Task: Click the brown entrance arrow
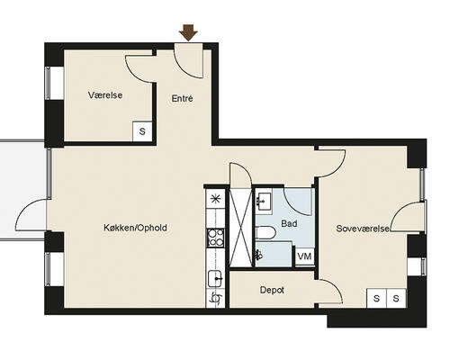point(188,32)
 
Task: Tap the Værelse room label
point(105,95)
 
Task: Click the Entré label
point(182,98)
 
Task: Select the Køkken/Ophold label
point(135,228)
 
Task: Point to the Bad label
point(289,223)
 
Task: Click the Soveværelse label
point(363,229)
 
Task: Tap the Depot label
point(272,290)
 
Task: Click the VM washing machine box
point(305,256)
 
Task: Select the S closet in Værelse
point(142,131)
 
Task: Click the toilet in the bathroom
point(265,233)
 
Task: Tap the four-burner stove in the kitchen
point(215,238)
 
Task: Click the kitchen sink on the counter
point(215,279)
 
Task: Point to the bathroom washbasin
point(264,201)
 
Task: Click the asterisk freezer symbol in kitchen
point(215,199)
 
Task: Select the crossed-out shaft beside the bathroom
point(240,227)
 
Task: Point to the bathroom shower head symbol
point(258,255)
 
